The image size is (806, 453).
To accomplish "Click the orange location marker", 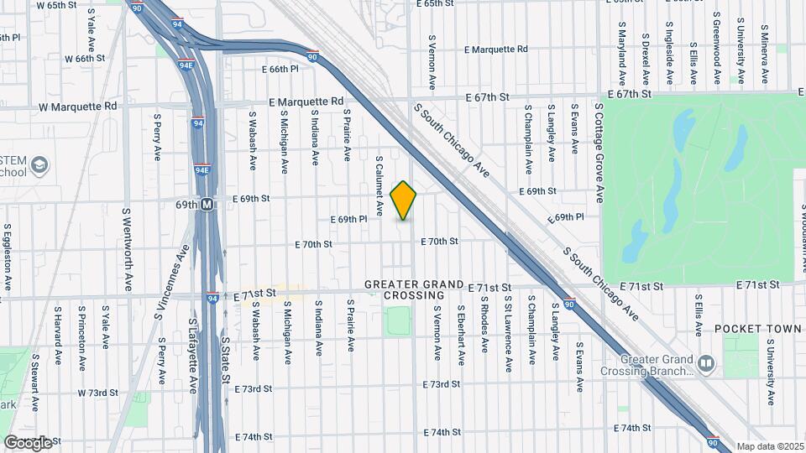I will pos(404,200).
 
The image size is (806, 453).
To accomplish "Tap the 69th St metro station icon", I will pos(206,204).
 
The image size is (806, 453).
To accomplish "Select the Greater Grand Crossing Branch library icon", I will pos(705,362).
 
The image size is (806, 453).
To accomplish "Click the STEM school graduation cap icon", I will pos(39,165).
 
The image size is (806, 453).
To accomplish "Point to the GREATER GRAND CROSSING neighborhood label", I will pos(414,290).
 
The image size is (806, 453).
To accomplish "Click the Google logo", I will pos(28,442).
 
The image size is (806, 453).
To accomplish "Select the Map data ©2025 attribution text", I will pos(770,446).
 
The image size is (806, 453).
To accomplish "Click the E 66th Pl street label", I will pos(280,69).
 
